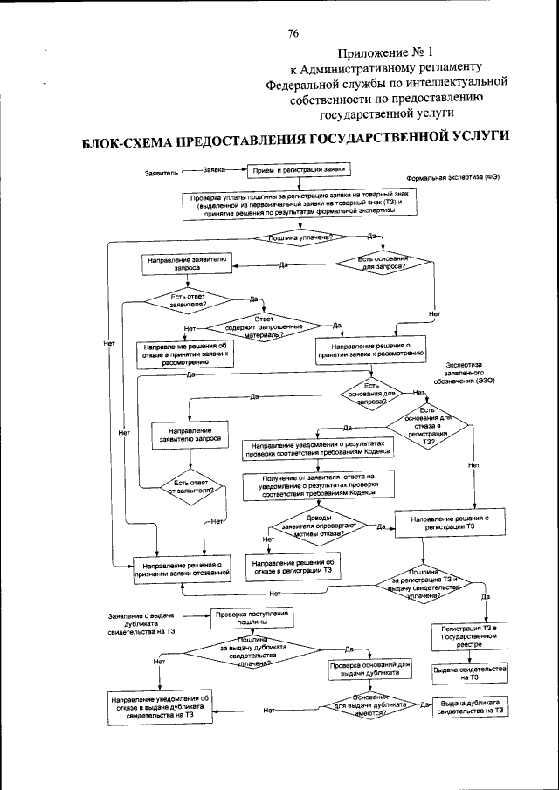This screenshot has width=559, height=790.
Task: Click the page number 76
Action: (x=293, y=33)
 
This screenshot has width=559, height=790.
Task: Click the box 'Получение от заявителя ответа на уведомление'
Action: (x=318, y=484)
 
